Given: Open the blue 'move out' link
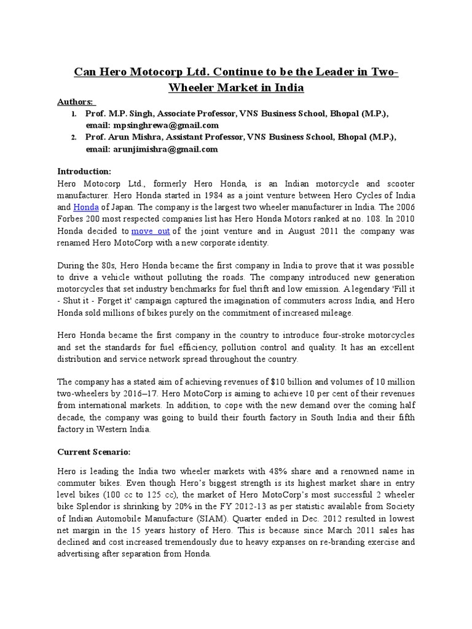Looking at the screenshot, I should pos(151,231).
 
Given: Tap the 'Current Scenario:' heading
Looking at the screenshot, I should pos(94,451).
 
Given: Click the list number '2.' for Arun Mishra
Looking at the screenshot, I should pos(74,138).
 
